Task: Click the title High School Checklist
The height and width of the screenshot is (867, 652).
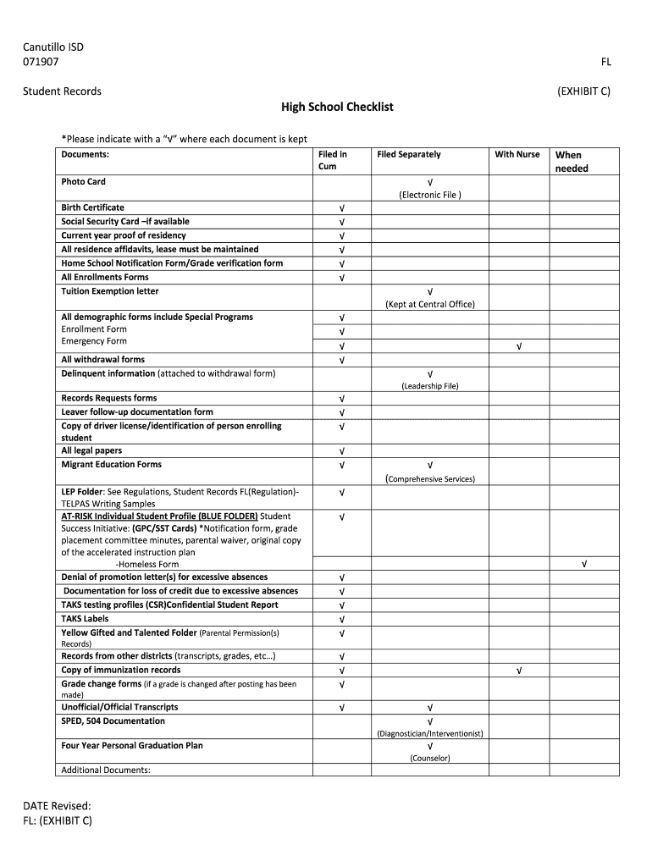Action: click(x=337, y=108)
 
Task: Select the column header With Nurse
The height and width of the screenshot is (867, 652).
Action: click(x=517, y=154)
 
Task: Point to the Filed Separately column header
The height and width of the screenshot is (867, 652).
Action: click(x=409, y=154)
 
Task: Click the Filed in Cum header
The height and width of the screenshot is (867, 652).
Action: click(x=333, y=160)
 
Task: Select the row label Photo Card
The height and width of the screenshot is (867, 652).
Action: click(x=83, y=181)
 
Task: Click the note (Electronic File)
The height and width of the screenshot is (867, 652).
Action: click(x=430, y=195)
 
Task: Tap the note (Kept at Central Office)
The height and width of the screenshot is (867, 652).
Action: click(x=430, y=304)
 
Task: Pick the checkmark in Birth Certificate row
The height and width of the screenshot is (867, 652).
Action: click(x=341, y=207)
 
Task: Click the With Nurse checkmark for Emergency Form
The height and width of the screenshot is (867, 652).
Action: click(x=518, y=346)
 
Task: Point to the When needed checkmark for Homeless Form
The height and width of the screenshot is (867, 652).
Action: click(x=583, y=564)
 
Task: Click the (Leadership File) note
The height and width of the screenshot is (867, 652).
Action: click(x=430, y=386)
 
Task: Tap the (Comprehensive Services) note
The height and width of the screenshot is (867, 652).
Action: click(x=430, y=478)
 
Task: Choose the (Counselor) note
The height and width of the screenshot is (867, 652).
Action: click(x=430, y=759)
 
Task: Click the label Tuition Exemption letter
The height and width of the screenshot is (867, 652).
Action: click(x=109, y=291)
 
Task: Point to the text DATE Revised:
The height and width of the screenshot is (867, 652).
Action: click(x=57, y=806)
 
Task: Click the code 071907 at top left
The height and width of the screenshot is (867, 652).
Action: click(x=41, y=61)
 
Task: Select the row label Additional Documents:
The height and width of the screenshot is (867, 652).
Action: click(x=106, y=770)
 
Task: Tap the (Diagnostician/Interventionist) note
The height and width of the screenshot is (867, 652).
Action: click(x=430, y=733)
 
